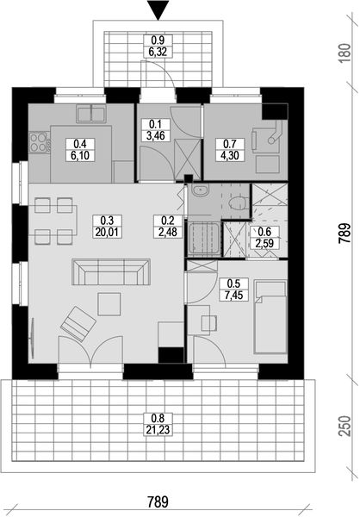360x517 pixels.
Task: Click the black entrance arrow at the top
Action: tap(157, 9)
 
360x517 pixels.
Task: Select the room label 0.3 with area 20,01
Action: tap(108, 225)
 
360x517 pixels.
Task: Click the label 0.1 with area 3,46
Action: tap(155, 129)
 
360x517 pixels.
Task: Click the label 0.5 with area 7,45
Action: tap(233, 289)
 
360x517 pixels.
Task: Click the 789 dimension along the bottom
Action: tap(157, 501)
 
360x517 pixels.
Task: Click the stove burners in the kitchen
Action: tap(39, 140)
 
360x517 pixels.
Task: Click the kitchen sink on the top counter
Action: tap(90, 112)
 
